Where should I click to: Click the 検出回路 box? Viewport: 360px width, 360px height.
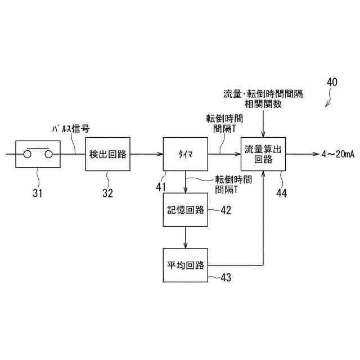tap(108, 154)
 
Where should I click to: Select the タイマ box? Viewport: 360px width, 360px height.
tap(186, 154)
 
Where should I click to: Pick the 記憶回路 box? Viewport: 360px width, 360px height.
tap(185, 210)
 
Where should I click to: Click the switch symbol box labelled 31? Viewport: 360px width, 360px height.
tap(37, 154)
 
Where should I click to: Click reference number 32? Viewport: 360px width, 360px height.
tap(108, 193)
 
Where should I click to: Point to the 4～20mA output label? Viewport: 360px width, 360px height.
tap(337, 154)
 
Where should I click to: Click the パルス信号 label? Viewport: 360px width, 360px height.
tap(70, 128)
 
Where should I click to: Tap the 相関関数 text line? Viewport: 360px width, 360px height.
tap(263, 104)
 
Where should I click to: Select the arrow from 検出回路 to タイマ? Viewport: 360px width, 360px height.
tap(146, 154)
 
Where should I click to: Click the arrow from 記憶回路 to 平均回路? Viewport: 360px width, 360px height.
tap(185, 238)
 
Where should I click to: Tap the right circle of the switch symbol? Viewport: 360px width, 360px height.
tap(49, 154)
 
